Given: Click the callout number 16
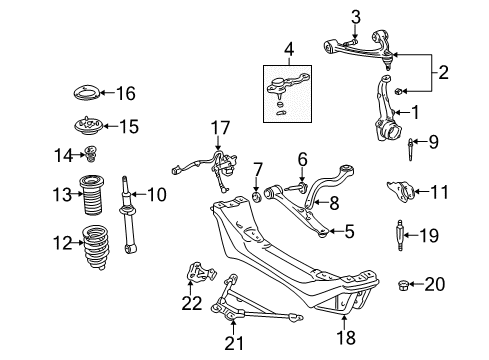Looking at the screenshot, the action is click(x=126, y=93).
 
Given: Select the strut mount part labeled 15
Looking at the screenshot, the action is click(x=87, y=126).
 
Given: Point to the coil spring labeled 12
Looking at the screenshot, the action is click(x=95, y=247).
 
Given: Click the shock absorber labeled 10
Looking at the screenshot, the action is click(x=128, y=214).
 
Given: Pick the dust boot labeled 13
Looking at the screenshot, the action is click(x=91, y=195).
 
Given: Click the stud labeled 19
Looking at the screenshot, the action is click(x=400, y=235).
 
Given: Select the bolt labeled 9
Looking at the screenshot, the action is click(x=410, y=149).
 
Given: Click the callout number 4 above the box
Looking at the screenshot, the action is click(x=289, y=50).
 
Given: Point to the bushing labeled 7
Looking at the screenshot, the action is click(x=257, y=196).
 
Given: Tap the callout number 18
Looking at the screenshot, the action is click(x=346, y=337).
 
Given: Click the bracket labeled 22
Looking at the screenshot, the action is click(x=200, y=273).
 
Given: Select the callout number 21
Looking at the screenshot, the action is click(x=233, y=343).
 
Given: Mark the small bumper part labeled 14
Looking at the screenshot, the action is click(x=90, y=154).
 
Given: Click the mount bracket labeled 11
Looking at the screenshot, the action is click(x=400, y=192).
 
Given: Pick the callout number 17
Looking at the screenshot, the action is click(x=220, y=128).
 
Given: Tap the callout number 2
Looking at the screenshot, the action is click(x=443, y=72).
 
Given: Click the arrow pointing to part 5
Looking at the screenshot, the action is click(x=336, y=231).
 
